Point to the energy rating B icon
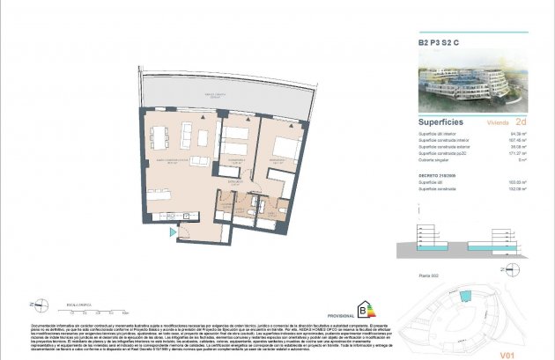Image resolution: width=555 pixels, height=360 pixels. pyautogui.click(x=362, y=308)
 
